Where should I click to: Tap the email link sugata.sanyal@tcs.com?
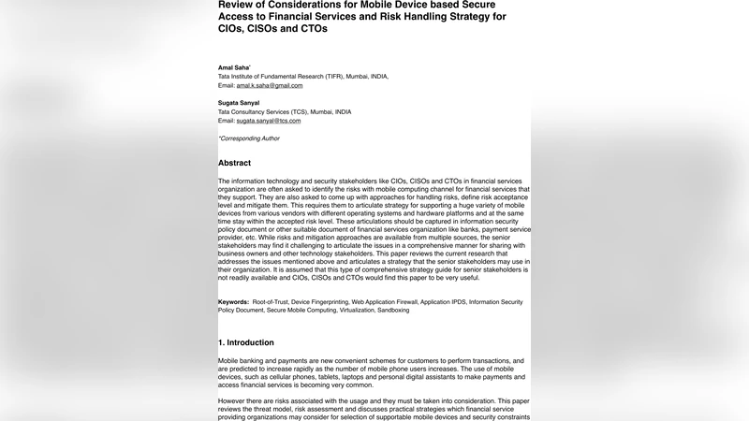[x=268, y=121]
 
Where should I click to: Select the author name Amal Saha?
[x=234, y=67]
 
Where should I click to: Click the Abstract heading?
[x=234, y=163]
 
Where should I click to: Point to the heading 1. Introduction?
[x=246, y=343]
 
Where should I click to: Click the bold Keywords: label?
[x=233, y=302]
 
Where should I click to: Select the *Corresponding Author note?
[x=249, y=138]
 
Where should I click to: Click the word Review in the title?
[x=238, y=4]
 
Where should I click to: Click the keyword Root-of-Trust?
[x=269, y=302]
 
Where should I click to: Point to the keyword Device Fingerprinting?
[x=319, y=302]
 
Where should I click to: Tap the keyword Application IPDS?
[x=445, y=302]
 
